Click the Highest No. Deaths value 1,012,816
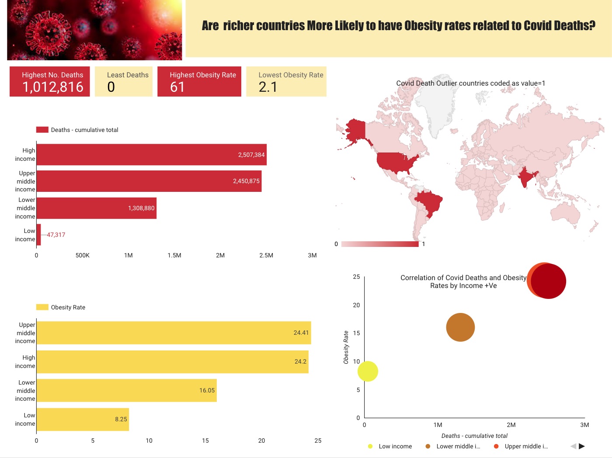click(53, 87)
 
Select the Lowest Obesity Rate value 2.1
click(268, 87)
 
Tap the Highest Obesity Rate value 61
click(177, 87)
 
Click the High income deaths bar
click(151, 155)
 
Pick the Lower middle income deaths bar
click(96, 208)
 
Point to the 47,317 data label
click(56, 235)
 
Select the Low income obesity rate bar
click(83, 419)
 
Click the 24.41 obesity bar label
click(301, 333)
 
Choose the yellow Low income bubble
click(368, 371)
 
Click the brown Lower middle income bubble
click(460, 327)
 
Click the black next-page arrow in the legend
click(582, 446)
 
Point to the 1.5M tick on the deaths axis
click(174, 255)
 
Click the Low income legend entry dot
click(370, 446)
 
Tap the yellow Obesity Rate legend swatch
click(42, 307)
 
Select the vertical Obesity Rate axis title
click(346, 347)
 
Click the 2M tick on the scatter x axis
click(511, 425)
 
